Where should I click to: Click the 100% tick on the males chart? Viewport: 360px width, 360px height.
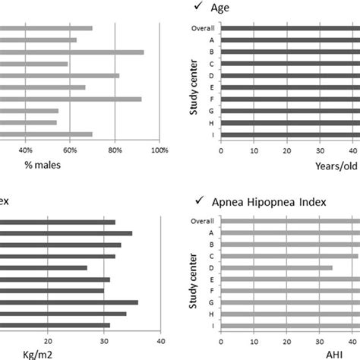(159, 150)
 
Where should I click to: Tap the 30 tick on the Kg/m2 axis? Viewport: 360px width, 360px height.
(105, 339)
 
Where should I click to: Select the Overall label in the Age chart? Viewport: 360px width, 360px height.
(202, 29)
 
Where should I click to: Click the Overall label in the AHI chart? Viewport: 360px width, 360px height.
(202, 220)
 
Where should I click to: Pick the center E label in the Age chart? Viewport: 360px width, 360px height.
(212, 87)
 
